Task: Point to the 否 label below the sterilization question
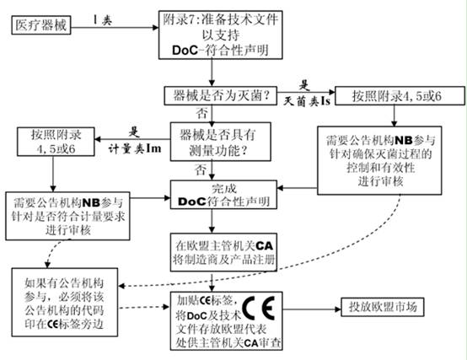[x=201, y=111]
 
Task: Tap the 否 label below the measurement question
[x=201, y=169]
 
